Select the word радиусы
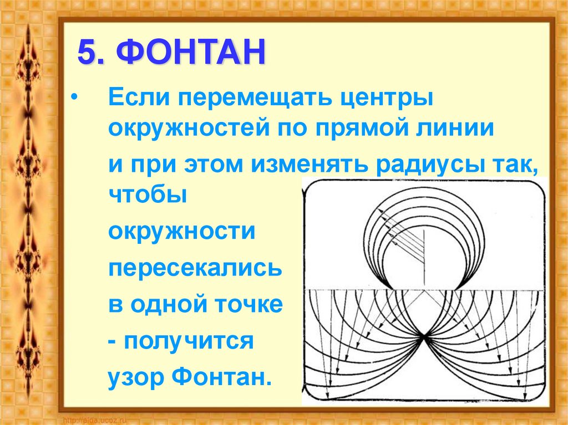click(429, 165)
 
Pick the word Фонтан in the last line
click(221, 378)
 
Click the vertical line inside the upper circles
click(424, 255)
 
